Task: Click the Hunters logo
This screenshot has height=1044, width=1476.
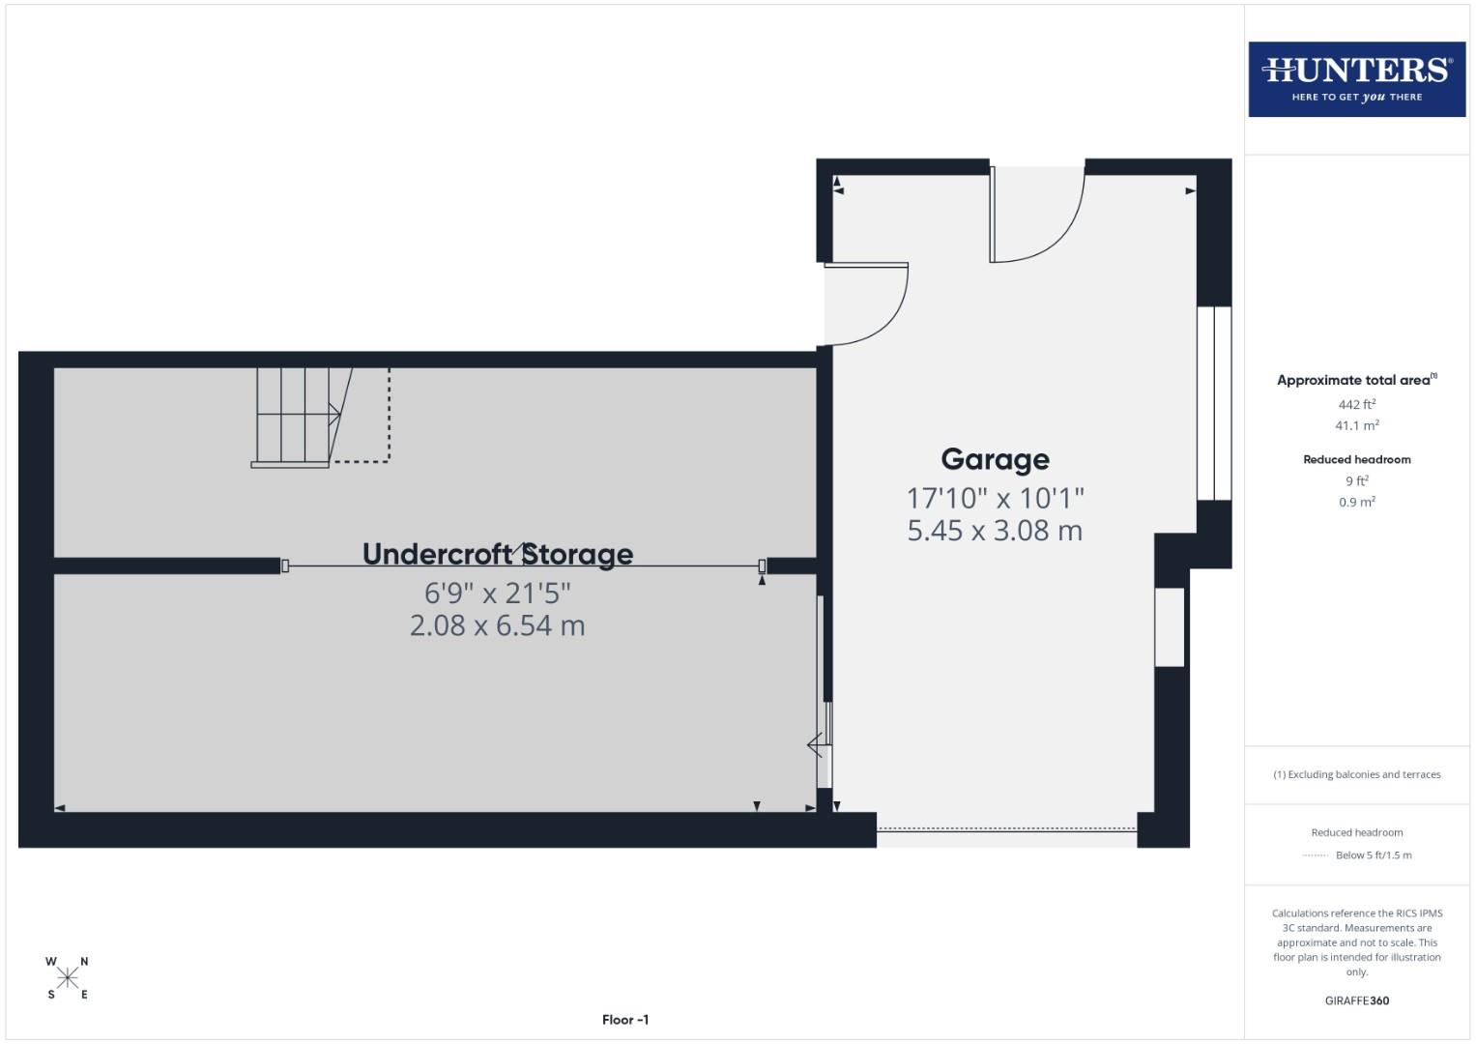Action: tap(1356, 79)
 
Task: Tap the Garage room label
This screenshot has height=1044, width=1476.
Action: tap(995, 459)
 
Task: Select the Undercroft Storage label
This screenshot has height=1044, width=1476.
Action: tap(497, 554)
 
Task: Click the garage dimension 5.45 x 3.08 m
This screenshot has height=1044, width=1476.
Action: tap(995, 531)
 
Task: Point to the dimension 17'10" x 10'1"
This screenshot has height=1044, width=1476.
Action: tap(995, 498)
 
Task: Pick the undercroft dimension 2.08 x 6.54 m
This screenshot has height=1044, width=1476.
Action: tap(497, 625)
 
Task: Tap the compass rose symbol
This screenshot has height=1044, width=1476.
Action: tap(68, 978)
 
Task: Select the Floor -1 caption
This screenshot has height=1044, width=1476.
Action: tap(624, 1020)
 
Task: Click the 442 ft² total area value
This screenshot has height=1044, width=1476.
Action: tap(1356, 404)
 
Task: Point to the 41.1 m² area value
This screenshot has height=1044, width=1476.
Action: tap(1356, 425)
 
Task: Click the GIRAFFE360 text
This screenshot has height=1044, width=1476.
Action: tap(1356, 1000)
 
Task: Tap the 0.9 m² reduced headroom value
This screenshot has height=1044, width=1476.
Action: tap(1356, 502)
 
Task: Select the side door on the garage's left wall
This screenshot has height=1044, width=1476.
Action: tap(865, 302)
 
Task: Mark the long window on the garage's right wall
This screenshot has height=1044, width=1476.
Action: tap(1214, 403)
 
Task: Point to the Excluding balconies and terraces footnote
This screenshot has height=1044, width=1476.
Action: tap(1356, 774)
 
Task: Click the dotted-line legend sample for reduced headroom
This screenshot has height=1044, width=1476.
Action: tap(1315, 855)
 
